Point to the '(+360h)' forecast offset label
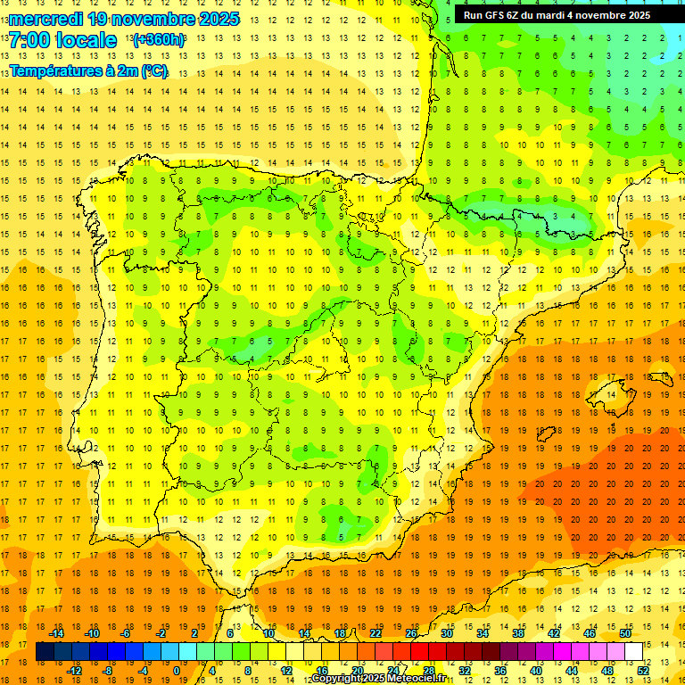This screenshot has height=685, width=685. (159, 40)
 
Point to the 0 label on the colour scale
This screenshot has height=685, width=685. (177, 671)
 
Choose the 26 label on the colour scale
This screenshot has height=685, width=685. (411, 633)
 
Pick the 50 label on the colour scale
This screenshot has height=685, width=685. (625, 633)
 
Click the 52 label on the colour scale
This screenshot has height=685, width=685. (643, 671)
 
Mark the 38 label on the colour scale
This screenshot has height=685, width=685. (518, 633)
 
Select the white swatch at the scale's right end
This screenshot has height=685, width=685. (634, 652)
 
